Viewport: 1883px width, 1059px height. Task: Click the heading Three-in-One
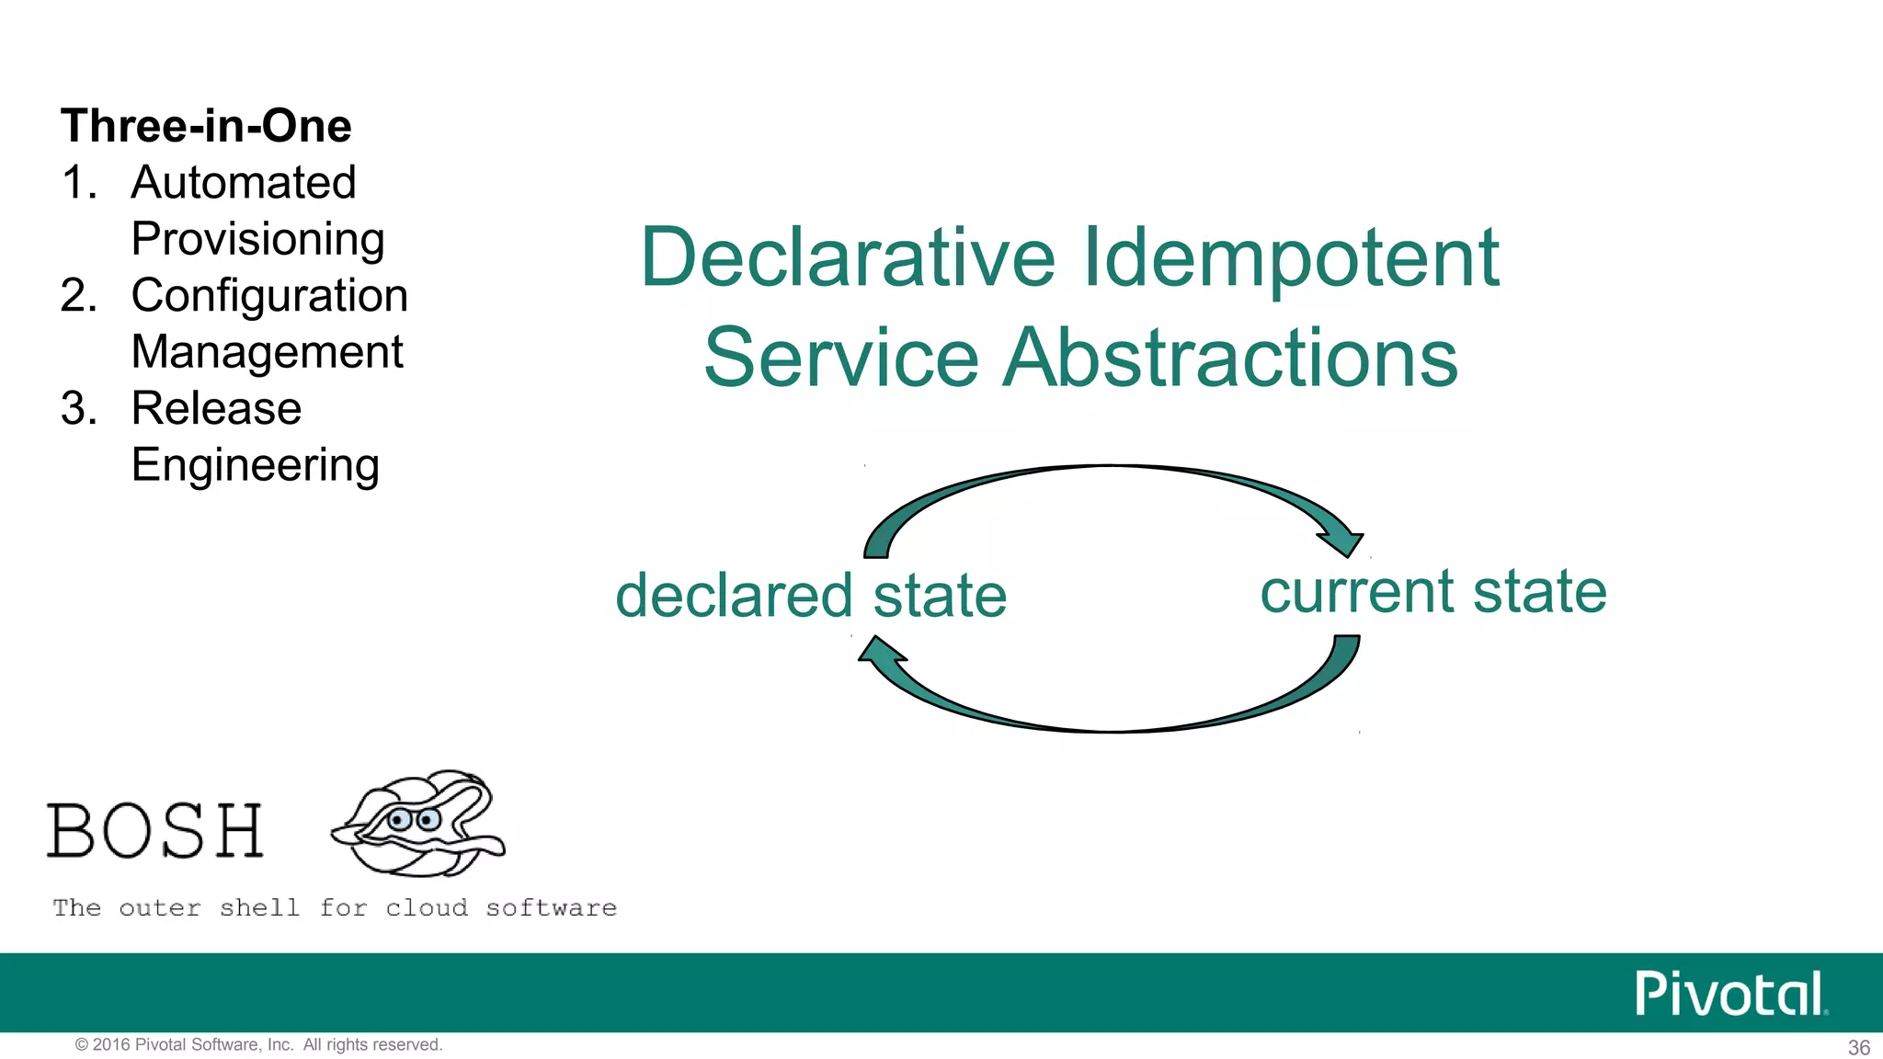[x=206, y=126]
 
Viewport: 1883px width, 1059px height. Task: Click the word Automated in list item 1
[x=244, y=182]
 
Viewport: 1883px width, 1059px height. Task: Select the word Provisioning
[x=257, y=239]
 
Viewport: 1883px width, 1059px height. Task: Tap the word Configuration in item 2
[x=269, y=296]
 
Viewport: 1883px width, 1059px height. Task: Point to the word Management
[x=267, y=352]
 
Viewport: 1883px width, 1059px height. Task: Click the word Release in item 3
[x=216, y=408]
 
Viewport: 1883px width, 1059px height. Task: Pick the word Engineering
[x=255, y=465]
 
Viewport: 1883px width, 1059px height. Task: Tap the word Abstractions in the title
[x=1229, y=358]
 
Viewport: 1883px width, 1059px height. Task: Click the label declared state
[x=811, y=596]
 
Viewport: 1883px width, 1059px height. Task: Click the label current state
[x=1432, y=591]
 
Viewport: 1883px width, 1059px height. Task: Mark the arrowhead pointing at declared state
[x=880, y=652]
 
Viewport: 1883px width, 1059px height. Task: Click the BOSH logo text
[x=155, y=831]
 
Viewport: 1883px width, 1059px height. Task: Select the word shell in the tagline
[x=259, y=908]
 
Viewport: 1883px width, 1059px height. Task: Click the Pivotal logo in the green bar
[x=1729, y=994]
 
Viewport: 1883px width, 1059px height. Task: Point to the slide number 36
[x=1858, y=1047]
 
